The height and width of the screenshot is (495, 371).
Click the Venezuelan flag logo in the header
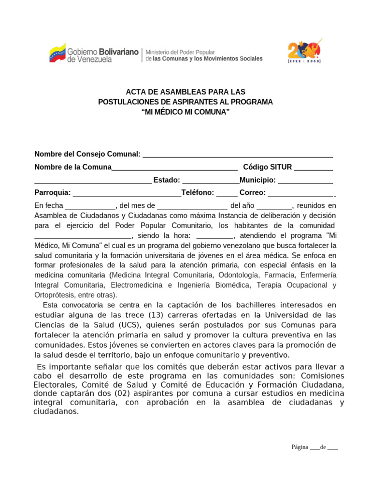point(57,52)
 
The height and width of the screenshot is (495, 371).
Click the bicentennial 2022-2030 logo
point(305,51)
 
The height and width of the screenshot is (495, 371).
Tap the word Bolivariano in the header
point(119,51)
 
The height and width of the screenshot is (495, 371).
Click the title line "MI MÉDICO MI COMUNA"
point(185,112)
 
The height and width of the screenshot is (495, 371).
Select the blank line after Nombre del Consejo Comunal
point(238,154)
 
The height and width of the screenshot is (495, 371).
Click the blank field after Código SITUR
point(313,167)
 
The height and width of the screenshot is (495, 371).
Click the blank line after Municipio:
point(305,180)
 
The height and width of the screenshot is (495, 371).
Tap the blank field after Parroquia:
point(127,193)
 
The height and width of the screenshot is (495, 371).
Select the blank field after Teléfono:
point(227,193)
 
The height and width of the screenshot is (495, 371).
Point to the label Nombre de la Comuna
point(73,167)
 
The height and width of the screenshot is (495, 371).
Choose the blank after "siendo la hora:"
point(215,236)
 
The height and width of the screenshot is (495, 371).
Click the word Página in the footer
point(300,447)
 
